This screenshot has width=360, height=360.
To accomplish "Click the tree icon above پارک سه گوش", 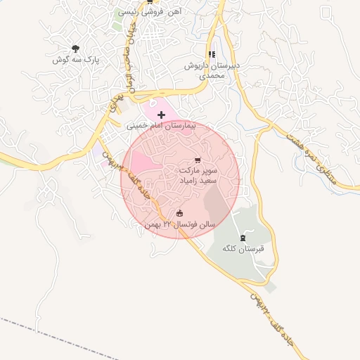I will pyautogui.click(x=75, y=49).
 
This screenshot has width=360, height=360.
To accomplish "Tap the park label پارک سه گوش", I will pyautogui.click(x=76, y=60).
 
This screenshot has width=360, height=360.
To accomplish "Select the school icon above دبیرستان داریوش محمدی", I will pyautogui.click(x=212, y=54).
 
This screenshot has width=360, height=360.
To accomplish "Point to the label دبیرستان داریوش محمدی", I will pyautogui.click(x=212, y=70).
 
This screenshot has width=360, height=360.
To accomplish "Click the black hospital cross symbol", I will pyautogui.click(x=162, y=114).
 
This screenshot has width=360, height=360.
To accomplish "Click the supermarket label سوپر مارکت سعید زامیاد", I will pyautogui.click(x=198, y=176).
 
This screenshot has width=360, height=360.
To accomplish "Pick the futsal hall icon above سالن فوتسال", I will pyautogui.click(x=179, y=213).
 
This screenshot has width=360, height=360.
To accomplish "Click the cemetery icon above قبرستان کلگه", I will pyautogui.click(x=243, y=238).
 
